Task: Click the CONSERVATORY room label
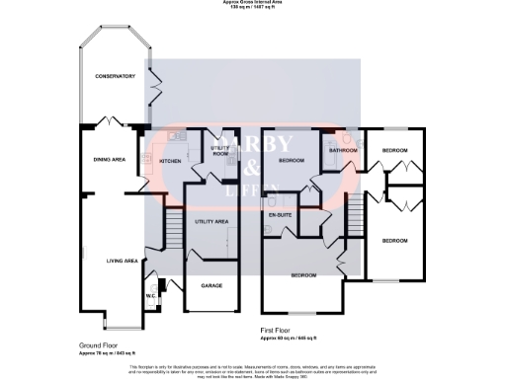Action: (x=115, y=76)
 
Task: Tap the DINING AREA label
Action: (x=109, y=160)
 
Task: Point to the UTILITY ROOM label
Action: (x=220, y=151)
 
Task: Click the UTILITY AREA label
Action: (x=211, y=222)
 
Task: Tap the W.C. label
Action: (x=152, y=295)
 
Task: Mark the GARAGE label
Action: (x=211, y=285)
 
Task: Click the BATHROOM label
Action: (x=343, y=150)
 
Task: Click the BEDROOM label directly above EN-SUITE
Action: (x=291, y=160)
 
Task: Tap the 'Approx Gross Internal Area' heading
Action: (x=252, y=3)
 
